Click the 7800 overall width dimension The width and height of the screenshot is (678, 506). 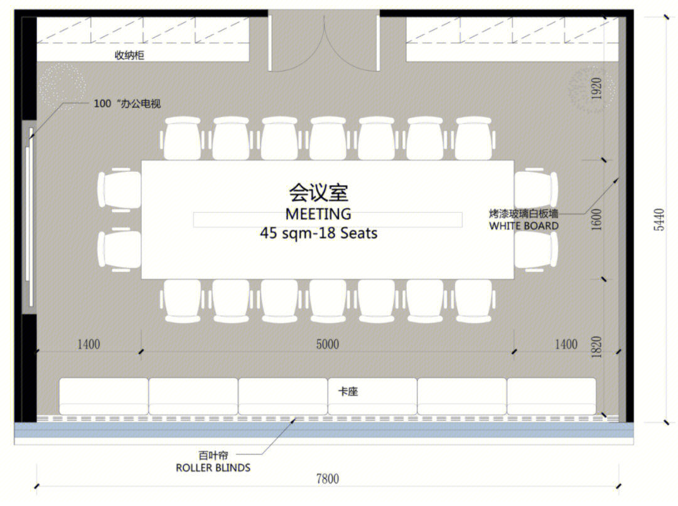click(327, 478)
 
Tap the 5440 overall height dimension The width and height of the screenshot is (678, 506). click(659, 219)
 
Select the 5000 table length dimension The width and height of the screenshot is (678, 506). click(327, 344)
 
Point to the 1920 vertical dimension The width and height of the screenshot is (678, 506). click(596, 88)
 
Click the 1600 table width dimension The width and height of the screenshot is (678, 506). click(596, 219)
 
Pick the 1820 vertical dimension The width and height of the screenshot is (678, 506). click(596, 347)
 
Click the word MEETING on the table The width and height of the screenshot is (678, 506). click(318, 214)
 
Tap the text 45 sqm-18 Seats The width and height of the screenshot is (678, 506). click(319, 233)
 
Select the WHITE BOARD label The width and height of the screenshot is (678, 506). click(524, 226)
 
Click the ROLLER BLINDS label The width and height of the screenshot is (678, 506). click(213, 468)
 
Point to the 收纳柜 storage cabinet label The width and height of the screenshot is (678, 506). click(129, 55)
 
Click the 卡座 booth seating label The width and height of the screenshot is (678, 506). click(348, 391)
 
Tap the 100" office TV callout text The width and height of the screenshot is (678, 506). click(127, 103)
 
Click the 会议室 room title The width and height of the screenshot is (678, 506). click(319, 192)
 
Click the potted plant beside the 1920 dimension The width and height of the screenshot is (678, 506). click(591, 90)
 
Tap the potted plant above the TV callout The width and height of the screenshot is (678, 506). click(62, 87)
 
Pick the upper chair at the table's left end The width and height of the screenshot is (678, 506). click(119, 190)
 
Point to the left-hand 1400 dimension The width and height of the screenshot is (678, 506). click(89, 344)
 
